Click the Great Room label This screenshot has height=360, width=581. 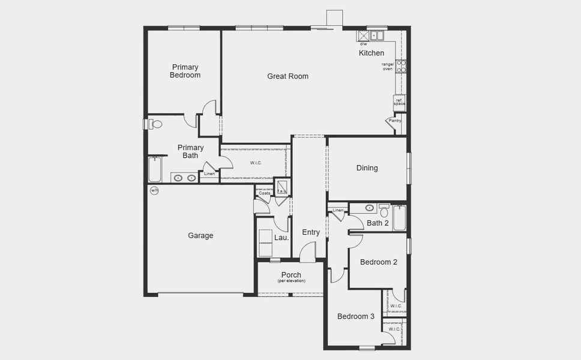point(287,76)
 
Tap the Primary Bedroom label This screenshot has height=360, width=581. point(185,71)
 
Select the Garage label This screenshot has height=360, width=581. point(200,236)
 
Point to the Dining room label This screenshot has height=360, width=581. point(367,168)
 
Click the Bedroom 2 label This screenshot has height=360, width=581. point(378,262)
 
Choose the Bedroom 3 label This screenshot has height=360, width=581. point(355,317)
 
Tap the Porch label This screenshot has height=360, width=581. point(291,275)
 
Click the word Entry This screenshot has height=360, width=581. point(311,233)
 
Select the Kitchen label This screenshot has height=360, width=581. point(372,53)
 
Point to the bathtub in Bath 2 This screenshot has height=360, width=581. point(399,217)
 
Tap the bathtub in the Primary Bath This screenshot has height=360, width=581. point(155,170)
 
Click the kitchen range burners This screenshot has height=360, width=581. point(402,66)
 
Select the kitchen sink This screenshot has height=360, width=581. point(377,35)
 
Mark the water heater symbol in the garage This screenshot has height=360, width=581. point(154,191)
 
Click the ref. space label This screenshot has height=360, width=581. point(399,102)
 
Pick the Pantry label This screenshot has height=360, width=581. point(394,121)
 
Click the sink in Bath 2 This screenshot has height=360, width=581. point(369,208)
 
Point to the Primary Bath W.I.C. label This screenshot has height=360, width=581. point(256,163)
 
